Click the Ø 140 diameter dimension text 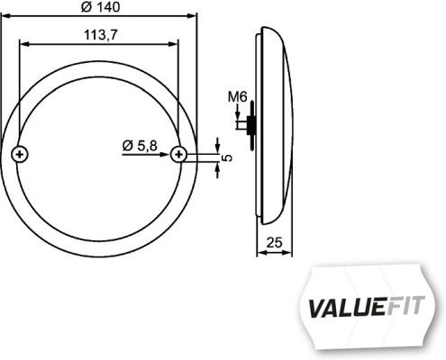click(100, 7)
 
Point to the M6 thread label click(237, 96)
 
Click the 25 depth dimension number click(276, 241)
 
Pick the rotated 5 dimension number click(227, 157)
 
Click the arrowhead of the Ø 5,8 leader click(169, 154)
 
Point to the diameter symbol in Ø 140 click(85, 7)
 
